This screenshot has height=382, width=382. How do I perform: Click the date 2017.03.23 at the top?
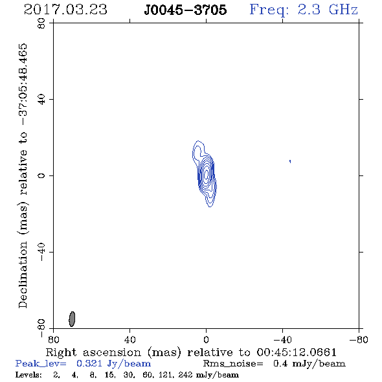coord(65,10)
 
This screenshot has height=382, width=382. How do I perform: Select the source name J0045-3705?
coord(185,10)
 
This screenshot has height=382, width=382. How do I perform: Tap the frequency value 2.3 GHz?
coord(328,10)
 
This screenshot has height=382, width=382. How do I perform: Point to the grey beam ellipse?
coord(72,319)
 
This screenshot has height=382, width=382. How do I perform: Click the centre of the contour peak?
coord(207,174)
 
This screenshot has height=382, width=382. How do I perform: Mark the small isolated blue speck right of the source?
coord(290,161)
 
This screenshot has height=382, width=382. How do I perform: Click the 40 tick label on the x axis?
coord(129,339)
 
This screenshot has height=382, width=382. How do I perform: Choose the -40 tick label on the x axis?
coord(282,339)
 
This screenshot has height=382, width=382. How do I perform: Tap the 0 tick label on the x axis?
coord(206,339)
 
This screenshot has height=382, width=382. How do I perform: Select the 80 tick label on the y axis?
coord(41,23)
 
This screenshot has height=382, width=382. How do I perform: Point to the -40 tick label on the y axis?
coord(41,252)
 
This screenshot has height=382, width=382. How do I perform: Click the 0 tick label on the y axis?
coord(41,175)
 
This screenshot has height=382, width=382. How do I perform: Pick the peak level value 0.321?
coord(89,363)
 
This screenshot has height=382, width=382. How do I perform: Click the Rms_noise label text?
coord(233,363)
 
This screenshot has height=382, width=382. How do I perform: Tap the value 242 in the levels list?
coord(185,374)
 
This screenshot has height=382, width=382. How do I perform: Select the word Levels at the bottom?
coord(28,374)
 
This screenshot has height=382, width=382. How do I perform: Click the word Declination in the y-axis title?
coord(23,275)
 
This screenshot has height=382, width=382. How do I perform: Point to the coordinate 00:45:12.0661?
coord(297,352)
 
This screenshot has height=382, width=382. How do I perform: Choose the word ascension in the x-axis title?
coord(112,352)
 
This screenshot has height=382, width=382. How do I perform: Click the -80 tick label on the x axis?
coord(359,339)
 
